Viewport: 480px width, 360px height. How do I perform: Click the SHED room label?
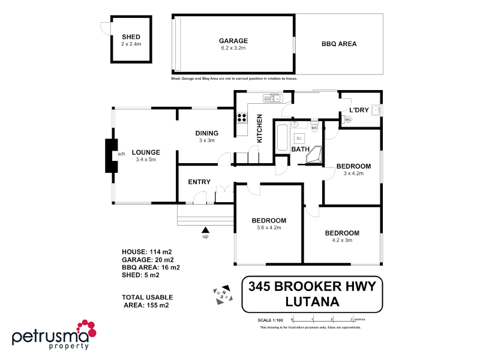(131, 37)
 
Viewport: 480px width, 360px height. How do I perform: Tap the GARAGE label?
(233, 41)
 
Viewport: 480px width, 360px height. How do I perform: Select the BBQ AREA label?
(339, 44)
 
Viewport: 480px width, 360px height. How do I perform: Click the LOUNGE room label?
(146, 152)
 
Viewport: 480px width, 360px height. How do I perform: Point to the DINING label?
(206, 133)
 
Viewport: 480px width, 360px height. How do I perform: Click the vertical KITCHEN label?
(260, 128)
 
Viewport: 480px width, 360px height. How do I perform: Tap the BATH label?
(299, 149)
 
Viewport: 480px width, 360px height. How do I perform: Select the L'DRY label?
(359, 110)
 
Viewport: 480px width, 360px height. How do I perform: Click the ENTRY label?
(199, 182)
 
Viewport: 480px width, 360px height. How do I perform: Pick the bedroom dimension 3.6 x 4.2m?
(269, 227)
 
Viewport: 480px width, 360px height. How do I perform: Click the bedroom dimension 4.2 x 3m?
(342, 241)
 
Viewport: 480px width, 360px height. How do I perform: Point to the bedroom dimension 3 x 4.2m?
(353, 173)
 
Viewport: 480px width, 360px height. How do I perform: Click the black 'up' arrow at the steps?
(205, 229)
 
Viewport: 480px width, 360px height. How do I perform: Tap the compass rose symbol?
(221, 292)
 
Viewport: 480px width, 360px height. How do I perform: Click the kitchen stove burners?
(242, 118)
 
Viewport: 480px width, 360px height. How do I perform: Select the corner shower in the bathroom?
(314, 156)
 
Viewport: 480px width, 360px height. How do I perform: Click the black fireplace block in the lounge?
(110, 155)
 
